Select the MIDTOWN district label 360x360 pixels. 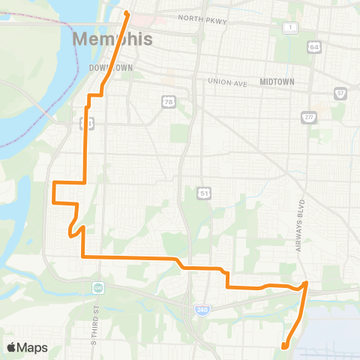coord(277,81)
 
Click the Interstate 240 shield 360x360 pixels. coord(201,309)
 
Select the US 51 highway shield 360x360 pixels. coord(203,193)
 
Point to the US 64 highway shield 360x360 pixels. coord(313,46)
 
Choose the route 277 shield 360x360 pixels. coord(308,117)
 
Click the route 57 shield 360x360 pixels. coord(340,93)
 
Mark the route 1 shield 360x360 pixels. coord(289,28)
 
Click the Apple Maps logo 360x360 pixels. coord(28,347)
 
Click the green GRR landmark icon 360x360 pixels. coord(97,288)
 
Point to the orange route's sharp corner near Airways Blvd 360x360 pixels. coord(306,283)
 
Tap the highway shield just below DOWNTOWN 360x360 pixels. coord(88,122)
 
